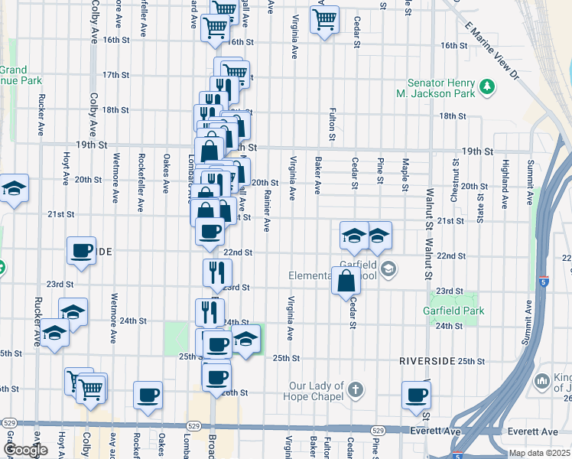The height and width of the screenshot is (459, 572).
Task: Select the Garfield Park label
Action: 453,311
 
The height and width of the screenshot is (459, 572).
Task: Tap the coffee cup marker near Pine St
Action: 417,395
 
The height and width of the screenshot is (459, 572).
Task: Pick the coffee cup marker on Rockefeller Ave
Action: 148,395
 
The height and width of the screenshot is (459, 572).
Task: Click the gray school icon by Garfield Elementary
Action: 388,268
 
